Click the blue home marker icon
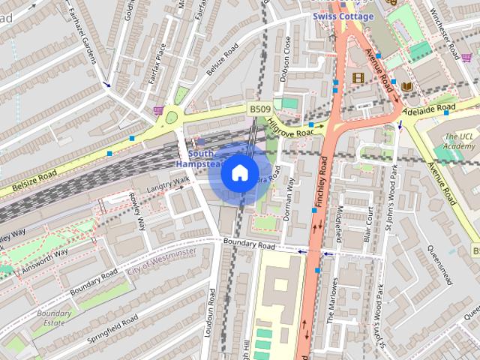(x=239, y=173)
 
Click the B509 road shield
(x=260, y=109)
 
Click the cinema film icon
(x=358, y=77)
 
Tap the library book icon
(x=407, y=87)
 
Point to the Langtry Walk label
(x=169, y=183)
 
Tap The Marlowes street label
(x=331, y=300)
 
